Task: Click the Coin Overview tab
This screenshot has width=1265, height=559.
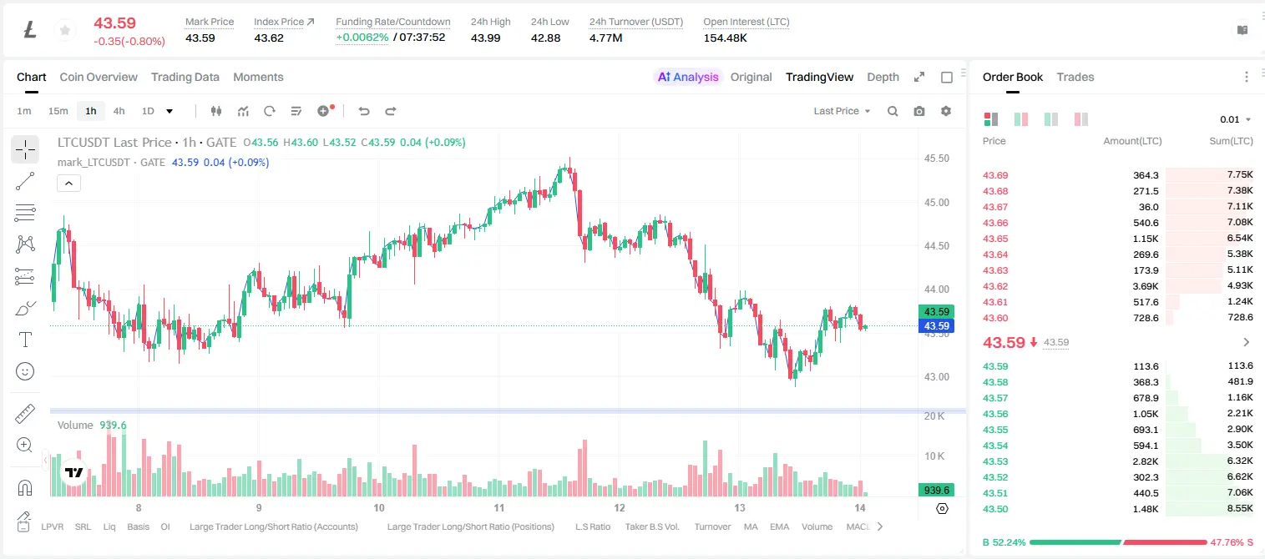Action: click(99, 77)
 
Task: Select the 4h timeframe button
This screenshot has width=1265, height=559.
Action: click(119, 111)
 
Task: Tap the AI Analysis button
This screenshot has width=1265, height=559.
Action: click(688, 77)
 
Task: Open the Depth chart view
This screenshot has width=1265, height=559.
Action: click(883, 77)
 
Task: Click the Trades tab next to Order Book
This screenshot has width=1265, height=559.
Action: click(1075, 77)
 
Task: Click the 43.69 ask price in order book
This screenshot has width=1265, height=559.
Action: click(995, 175)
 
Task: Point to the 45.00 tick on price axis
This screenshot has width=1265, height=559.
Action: click(936, 203)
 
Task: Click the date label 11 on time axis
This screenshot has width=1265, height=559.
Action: click(498, 507)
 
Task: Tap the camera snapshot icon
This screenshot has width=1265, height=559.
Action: click(919, 111)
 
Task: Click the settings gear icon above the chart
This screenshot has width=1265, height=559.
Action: click(946, 111)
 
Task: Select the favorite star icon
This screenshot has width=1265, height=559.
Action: click(65, 30)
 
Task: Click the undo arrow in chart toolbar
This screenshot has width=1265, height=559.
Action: click(364, 111)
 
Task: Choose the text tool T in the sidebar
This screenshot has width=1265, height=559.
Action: click(25, 340)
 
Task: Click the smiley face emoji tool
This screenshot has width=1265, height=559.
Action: click(25, 371)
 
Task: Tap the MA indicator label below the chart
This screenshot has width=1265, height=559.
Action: click(751, 526)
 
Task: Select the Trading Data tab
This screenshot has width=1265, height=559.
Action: click(185, 77)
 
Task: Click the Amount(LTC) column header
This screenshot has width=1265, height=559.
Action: click(1132, 141)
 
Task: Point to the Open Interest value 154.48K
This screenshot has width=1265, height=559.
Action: click(725, 38)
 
